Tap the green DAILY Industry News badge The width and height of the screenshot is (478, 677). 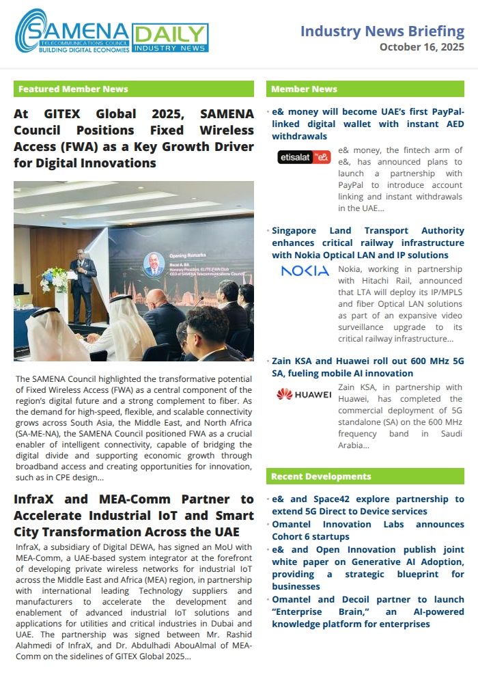pyautogui.click(x=170, y=38)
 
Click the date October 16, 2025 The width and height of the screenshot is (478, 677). pyautogui.click(x=421, y=47)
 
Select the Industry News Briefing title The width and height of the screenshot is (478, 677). pyautogui.click(x=382, y=31)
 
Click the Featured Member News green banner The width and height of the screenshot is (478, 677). pyautogui.click(x=133, y=89)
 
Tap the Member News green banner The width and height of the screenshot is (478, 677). pyautogui.click(x=365, y=89)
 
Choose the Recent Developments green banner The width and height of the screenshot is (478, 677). pyautogui.click(x=365, y=476)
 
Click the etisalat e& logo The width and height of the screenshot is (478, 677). pyautogui.click(x=304, y=157)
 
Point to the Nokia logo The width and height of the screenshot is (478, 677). pyautogui.click(x=305, y=271)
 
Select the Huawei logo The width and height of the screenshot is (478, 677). pyautogui.click(x=304, y=393)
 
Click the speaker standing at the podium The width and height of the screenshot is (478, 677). pyautogui.click(x=83, y=277)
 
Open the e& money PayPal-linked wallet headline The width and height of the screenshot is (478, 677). pyautogui.click(x=367, y=124)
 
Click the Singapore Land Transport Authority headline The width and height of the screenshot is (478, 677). pyautogui.click(x=367, y=243)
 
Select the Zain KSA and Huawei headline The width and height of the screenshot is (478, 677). pyautogui.click(x=367, y=368)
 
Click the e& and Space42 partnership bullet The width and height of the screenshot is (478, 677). pyautogui.click(x=367, y=505)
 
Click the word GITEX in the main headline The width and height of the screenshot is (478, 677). pyautogui.click(x=64, y=114)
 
